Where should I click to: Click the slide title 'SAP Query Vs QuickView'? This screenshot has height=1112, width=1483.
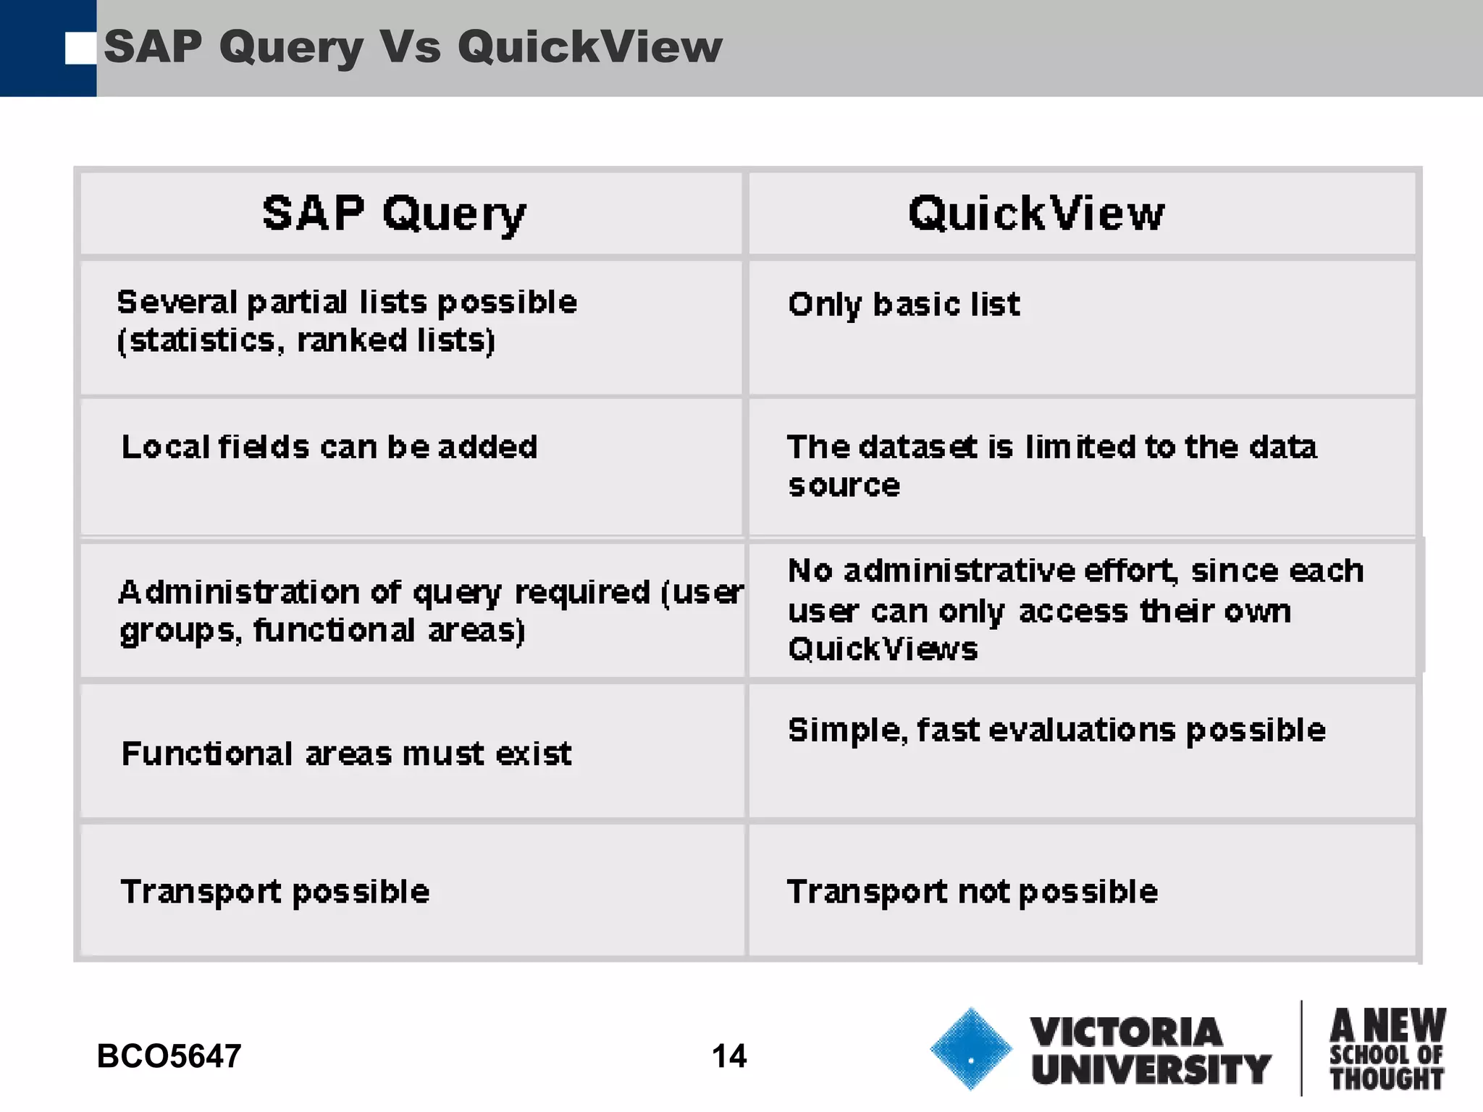tap(413, 47)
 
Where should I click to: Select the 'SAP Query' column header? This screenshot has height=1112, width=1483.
tap(395, 214)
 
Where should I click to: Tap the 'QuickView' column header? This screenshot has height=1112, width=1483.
tap(1036, 214)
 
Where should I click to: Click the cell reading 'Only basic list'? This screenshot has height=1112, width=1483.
tap(904, 304)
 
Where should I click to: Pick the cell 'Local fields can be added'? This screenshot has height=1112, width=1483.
tap(329, 447)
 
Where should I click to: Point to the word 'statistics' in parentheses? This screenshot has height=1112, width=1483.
tap(203, 340)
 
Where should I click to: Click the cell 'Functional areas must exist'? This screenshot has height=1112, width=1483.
tap(346, 754)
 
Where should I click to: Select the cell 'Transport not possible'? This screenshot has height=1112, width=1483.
tap(972, 891)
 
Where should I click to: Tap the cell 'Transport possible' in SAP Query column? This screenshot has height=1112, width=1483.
tap(275, 891)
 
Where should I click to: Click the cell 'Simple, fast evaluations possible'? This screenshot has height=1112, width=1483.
tap(1056, 730)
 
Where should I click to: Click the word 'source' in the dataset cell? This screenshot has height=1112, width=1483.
tap(844, 485)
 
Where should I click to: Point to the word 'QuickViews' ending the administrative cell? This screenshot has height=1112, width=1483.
tap(883, 649)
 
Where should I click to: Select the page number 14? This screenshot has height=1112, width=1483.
tap(728, 1056)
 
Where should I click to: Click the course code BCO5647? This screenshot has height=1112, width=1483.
tap(169, 1056)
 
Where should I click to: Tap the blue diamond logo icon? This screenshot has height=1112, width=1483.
tap(970, 1048)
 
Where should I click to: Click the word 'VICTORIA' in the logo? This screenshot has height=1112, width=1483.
tap(1126, 1032)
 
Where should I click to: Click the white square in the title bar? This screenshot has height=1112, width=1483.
tap(80, 49)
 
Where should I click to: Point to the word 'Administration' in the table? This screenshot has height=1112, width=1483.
tap(239, 592)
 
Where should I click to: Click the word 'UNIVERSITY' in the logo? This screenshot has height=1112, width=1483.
tap(1151, 1069)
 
